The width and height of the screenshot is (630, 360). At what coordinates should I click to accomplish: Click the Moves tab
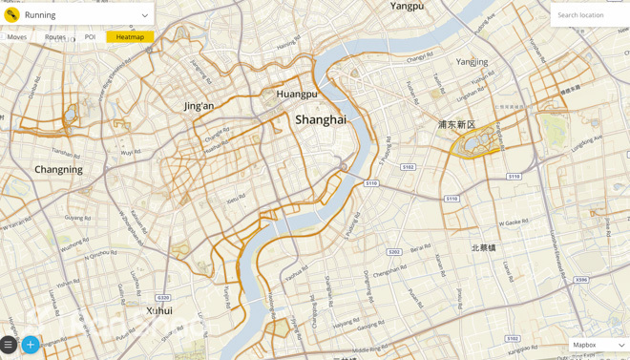pos(17,37)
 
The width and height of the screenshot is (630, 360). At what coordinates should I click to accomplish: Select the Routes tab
pos(55,37)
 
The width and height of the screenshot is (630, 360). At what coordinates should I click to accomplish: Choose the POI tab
pos(90,37)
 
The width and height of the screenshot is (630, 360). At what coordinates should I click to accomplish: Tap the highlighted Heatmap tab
pos(130,37)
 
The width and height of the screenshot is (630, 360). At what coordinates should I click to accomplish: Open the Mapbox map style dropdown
pos(598,345)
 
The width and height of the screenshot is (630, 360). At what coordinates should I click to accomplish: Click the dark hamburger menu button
pos(9,345)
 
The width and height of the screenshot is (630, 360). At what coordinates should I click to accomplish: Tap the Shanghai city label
pos(321,120)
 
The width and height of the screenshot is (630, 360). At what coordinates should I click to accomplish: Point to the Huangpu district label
pos(296,95)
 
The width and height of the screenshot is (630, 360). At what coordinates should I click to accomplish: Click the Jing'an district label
pos(199,106)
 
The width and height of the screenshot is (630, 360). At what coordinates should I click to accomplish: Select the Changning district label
pos(58,170)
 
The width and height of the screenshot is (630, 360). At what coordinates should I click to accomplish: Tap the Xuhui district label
pos(159,311)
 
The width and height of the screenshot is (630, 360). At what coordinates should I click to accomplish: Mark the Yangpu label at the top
pos(407,7)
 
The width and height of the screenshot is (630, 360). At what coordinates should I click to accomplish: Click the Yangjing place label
pos(472,62)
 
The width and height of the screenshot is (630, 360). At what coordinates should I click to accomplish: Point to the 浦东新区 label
pos(456,125)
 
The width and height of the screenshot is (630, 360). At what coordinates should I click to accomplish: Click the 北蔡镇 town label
pos(483,247)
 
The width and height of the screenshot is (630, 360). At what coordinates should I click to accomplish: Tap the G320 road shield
pos(163,298)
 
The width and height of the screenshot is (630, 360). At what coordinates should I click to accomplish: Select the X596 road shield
pos(581,280)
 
